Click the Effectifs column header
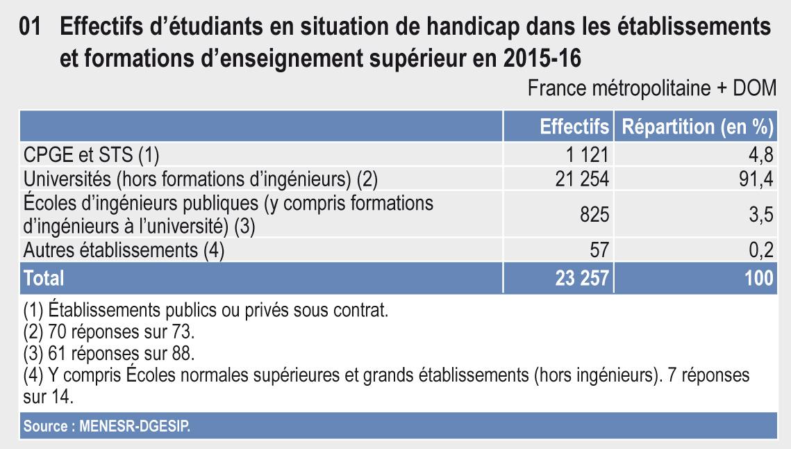(x=574, y=127)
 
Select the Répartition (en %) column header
(x=697, y=127)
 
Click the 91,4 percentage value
(x=755, y=179)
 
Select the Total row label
(x=44, y=278)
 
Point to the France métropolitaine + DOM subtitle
(x=651, y=90)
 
